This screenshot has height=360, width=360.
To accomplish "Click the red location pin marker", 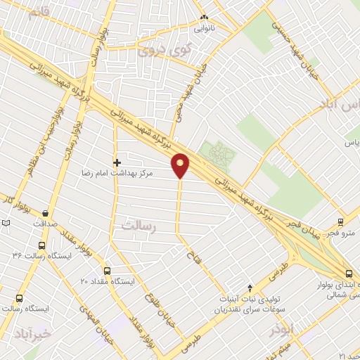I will pos(181,165).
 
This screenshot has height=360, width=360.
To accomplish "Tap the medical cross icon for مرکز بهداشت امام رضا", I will pos(117,162).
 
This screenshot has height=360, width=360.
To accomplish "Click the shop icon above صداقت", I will pos(46,213).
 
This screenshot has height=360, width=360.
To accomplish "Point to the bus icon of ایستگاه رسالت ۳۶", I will pos(42,246).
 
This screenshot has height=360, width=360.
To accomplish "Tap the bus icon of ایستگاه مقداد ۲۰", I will pos(107,271).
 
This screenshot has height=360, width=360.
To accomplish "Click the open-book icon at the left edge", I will pos(6,223).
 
